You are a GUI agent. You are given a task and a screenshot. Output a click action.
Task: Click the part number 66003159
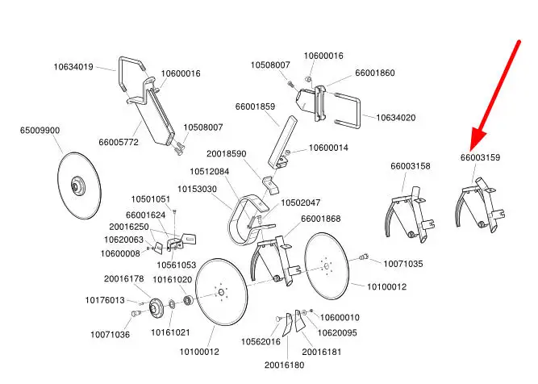point(481,157)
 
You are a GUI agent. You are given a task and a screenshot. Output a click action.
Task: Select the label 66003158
point(411,165)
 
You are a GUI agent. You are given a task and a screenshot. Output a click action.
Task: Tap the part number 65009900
point(40,129)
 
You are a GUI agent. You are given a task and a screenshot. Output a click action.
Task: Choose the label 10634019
point(73,67)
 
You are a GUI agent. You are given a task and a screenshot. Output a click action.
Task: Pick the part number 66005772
point(119,142)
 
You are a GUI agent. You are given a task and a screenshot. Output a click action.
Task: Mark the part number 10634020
point(396,118)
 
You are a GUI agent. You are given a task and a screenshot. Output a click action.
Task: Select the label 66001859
point(256,106)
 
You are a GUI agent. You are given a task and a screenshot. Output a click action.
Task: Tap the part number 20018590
point(226,153)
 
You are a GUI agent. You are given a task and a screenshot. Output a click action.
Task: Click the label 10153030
point(198,190)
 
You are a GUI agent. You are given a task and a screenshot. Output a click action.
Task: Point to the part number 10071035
point(402,264)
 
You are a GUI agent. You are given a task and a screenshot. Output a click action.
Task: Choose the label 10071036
point(110,334)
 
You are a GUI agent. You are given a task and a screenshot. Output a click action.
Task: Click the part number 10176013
point(105,300)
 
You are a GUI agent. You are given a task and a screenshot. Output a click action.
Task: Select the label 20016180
point(284,365)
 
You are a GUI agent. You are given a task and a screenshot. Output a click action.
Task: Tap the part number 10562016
point(261,341)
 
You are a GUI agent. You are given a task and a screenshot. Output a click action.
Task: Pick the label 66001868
point(321,219)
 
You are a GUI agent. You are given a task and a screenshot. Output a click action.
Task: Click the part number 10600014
point(328,148)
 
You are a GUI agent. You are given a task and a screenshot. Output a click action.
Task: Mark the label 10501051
point(151,199)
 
